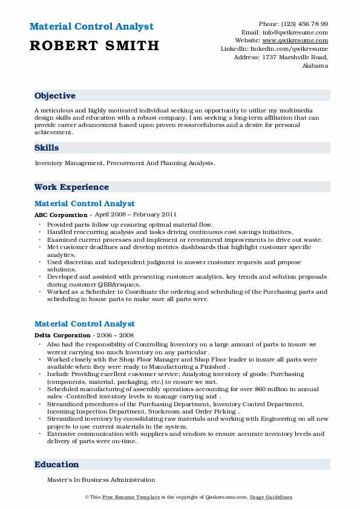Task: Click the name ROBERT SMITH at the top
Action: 94,45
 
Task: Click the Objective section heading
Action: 55,96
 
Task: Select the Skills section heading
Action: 47,148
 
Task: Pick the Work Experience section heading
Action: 71,187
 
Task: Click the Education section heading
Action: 57,464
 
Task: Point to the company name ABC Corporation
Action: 61,215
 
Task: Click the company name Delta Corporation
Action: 62,335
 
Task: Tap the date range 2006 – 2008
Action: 117,335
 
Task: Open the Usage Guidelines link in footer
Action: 272,497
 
